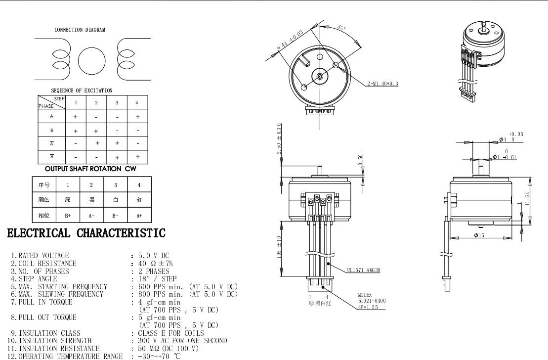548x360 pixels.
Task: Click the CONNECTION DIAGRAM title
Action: click(x=80, y=30)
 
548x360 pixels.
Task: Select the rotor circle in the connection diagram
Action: click(x=92, y=60)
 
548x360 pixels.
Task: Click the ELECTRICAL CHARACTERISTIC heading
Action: click(x=86, y=233)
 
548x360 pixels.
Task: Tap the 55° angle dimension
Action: click(x=341, y=28)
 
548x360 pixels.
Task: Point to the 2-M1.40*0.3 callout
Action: click(x=382, y=84)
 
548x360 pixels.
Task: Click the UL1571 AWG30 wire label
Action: click(x=363, y=270)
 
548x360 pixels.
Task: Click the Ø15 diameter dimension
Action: click(x=479, y=235)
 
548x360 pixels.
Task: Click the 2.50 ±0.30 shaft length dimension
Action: click(x=279, y=139)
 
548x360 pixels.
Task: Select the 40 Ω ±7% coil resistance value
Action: click(x=155, y=264)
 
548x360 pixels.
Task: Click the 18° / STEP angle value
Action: click(x=157, y=279)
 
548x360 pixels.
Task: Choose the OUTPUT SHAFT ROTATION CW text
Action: click(x=90, y=169)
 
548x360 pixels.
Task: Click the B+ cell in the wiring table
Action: click(x=68, y=216)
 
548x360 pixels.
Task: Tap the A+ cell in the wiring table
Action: click(x=139, y=216)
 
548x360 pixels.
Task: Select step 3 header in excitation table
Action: click(x=117, y=103)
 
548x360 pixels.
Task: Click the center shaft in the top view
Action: click(x=320, y=76)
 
